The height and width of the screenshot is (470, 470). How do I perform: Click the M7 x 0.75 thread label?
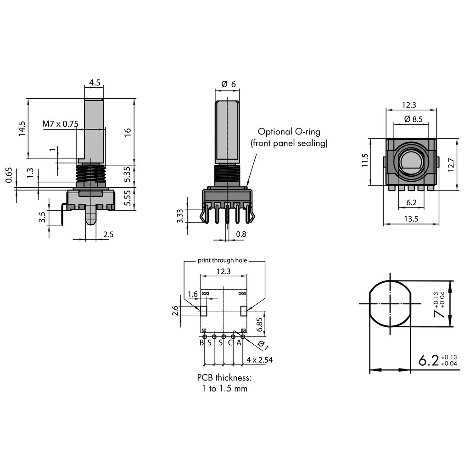tap(61, 124)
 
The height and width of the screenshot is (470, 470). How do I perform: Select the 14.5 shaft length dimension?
tap(22, 129)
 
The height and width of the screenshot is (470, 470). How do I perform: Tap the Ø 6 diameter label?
tap(228, 84)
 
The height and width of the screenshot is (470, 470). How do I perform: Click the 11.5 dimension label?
tap(365, 160)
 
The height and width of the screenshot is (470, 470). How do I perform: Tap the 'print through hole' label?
tap(222, 260)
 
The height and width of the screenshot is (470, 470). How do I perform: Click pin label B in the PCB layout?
tap(201, 342)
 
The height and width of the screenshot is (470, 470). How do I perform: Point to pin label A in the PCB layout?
tap(239, 342)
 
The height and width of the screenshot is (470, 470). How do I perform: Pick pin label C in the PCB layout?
tap(230, 342)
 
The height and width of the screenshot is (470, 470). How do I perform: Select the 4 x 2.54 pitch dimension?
tap(259, 360)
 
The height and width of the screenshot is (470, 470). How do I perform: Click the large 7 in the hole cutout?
tap(439, 313)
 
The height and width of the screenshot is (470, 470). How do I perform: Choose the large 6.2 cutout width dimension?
tap(429, 360)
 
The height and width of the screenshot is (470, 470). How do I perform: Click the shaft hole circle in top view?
tap(411, 162)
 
